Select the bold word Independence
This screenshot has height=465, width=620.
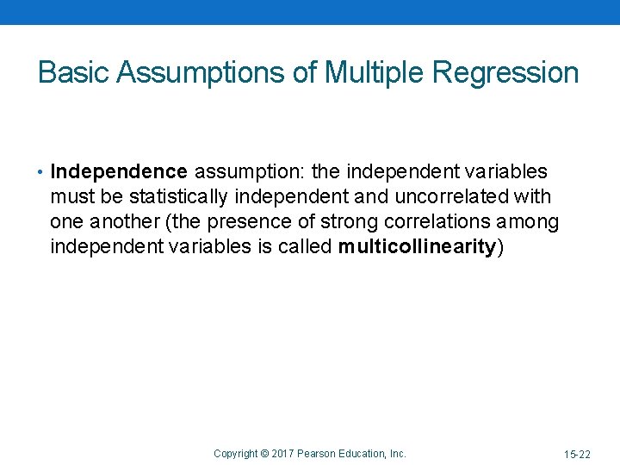118,172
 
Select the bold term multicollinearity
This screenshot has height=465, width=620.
417,247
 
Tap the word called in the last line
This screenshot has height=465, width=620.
306,247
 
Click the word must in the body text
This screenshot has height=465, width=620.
72,197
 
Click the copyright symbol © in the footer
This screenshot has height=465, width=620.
265,453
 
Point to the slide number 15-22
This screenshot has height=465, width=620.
577,453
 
